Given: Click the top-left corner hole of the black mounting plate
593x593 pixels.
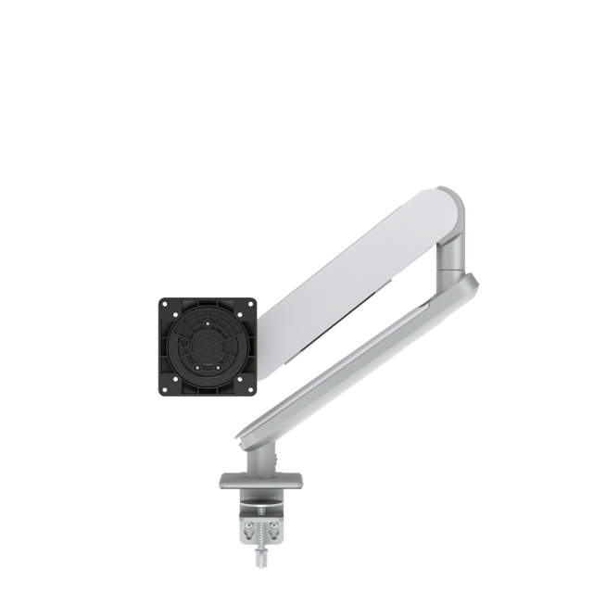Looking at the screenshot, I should [165, 305].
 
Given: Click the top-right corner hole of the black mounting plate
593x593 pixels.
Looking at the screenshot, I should [250, 305].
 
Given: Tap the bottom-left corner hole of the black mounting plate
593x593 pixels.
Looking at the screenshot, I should [165, 389].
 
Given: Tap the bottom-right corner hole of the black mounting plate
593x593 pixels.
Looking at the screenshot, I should [250, 389].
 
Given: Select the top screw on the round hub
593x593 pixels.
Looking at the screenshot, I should [208, 324].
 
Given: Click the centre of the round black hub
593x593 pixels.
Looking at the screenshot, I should [208, 347].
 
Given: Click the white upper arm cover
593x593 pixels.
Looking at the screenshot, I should [352, 278].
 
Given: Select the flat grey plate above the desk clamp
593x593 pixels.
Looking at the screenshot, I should [261, 481].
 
